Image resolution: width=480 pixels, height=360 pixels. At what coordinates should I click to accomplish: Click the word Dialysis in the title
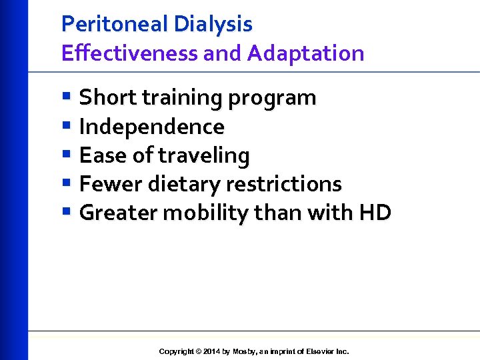pos(213,24)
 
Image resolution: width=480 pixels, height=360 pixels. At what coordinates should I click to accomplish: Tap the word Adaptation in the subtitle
pos(306,53)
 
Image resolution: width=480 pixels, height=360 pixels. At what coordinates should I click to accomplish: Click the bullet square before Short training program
pos(66,97)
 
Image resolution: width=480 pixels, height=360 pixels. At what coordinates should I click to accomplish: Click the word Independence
pos(152,126)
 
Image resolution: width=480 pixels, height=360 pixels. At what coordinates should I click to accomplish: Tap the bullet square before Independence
pos(66,125)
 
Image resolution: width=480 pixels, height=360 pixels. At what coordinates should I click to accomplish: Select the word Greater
pos(118,213)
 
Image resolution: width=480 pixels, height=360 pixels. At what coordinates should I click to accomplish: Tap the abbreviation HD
pos(375,213)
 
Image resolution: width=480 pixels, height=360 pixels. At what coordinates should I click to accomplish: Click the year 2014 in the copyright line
pos(211,351)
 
